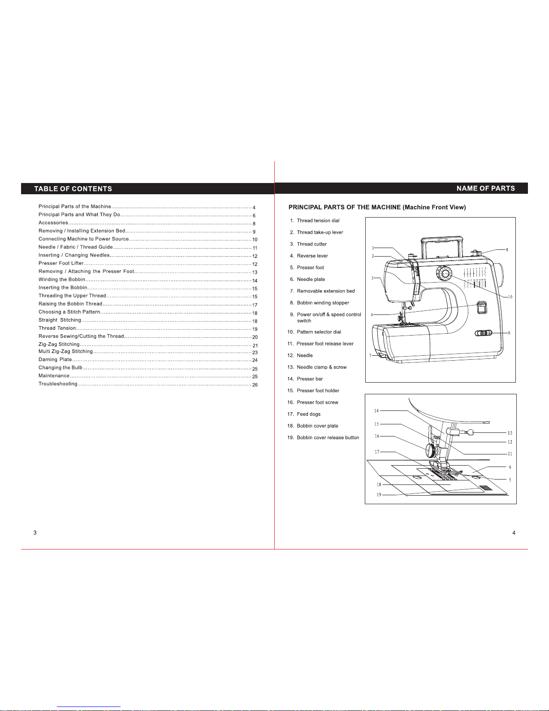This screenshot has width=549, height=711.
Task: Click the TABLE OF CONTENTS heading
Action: (x=73, y=189)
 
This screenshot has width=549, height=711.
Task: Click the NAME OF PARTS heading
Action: (x=486, y=188)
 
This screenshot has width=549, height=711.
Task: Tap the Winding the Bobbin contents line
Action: (x=148, y=280)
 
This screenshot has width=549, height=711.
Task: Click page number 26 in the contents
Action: (x=255, y=385)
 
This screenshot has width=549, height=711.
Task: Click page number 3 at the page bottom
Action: (x=35, y=532)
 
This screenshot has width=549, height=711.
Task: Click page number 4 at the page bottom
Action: (x=514, y=532)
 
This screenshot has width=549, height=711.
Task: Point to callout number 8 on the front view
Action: (x=507, y=250)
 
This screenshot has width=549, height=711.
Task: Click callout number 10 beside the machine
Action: (x=510, y=297)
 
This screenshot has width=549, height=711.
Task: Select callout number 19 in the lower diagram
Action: (x=379, y=495)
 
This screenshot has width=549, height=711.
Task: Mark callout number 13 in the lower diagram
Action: (x=510, y=433)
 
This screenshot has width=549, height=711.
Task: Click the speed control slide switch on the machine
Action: (x=483, y=333)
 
